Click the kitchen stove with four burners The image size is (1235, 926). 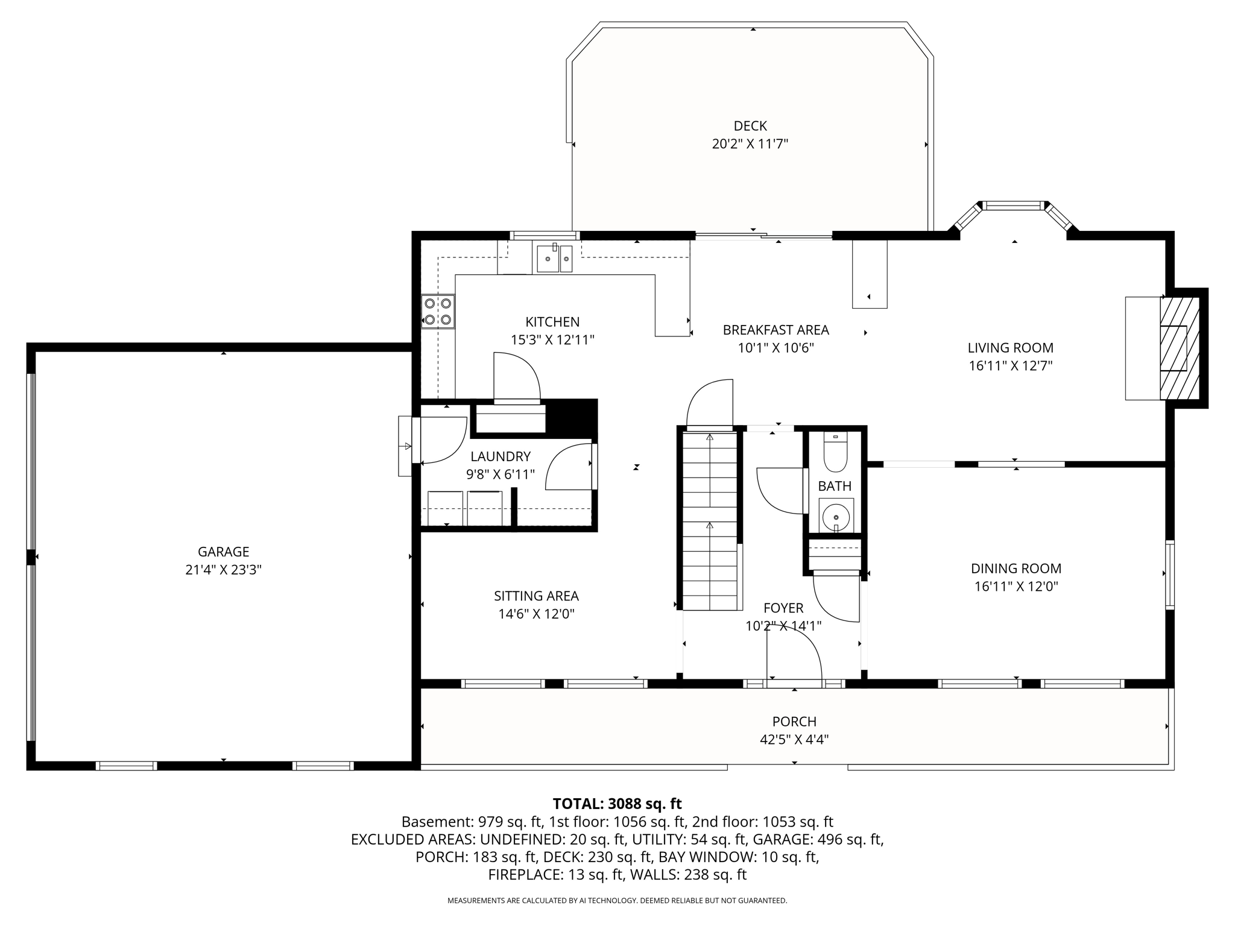(x=438, y=311)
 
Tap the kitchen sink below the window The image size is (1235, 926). (x=554, y=259)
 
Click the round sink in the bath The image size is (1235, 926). (x=836, y=517)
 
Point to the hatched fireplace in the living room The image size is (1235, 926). (x=1180, y=348)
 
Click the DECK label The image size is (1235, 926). (x=750, y=126)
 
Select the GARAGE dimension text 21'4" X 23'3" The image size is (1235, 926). (x=223, y=570)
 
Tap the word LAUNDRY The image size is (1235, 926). (x=501, y=456)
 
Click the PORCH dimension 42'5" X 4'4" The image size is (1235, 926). (x=794, y=740)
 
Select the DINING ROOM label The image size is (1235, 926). (x=1016, y=569)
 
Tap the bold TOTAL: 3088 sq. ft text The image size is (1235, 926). (x=617, y=804)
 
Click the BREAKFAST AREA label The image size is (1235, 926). (x=775, y=330)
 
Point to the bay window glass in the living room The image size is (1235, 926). (x=1014, y=206)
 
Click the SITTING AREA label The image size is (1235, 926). (x=536, y=596)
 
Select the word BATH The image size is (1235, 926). (x=835, y=486)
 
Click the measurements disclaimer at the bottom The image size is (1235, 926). (x=617, y=901)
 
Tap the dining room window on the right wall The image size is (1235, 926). (x=1169, y=575)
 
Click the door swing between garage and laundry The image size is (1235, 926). (x=441, y=439)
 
